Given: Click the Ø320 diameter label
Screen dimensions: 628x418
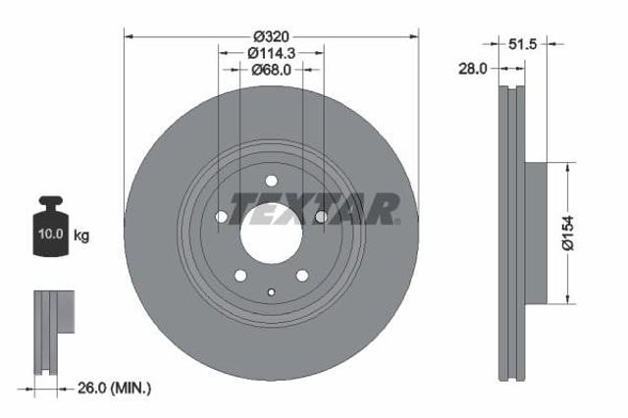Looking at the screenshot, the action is click(271, 37).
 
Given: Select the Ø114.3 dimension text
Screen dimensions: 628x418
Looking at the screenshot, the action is click(271, 53).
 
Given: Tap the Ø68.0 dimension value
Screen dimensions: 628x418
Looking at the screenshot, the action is click(271, 70).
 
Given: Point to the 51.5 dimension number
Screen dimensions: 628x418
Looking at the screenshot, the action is click(522, 43).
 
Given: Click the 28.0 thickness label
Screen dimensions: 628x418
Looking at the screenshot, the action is click(473, 69).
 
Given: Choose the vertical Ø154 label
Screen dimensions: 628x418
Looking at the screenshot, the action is click(567, 233).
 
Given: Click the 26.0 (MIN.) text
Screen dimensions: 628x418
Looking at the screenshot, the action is click(114, 388).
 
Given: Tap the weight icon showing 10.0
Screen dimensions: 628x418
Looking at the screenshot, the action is click(50, 226).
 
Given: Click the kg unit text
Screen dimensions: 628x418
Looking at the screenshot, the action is click(81, 235).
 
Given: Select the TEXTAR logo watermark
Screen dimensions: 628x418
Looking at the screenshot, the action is click(314, 209).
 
